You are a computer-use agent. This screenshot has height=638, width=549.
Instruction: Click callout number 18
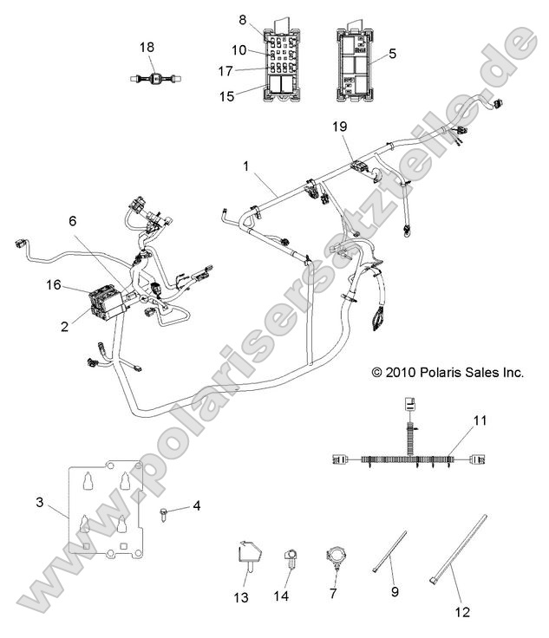[147, 47]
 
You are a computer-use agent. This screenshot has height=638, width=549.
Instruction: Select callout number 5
[392, 54]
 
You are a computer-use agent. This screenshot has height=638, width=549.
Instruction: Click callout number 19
[340, 127]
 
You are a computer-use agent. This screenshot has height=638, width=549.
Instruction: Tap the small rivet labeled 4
[166, 511]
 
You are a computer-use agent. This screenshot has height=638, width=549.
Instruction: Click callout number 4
[196, 505]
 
